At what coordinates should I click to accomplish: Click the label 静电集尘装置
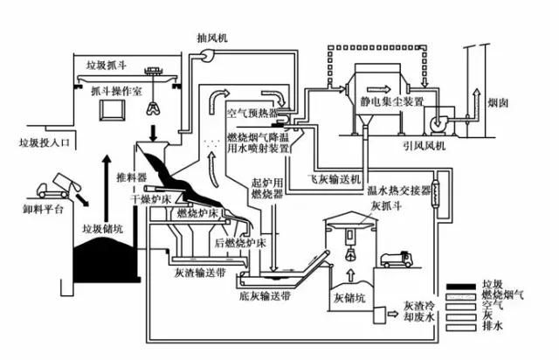pos(392,102)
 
